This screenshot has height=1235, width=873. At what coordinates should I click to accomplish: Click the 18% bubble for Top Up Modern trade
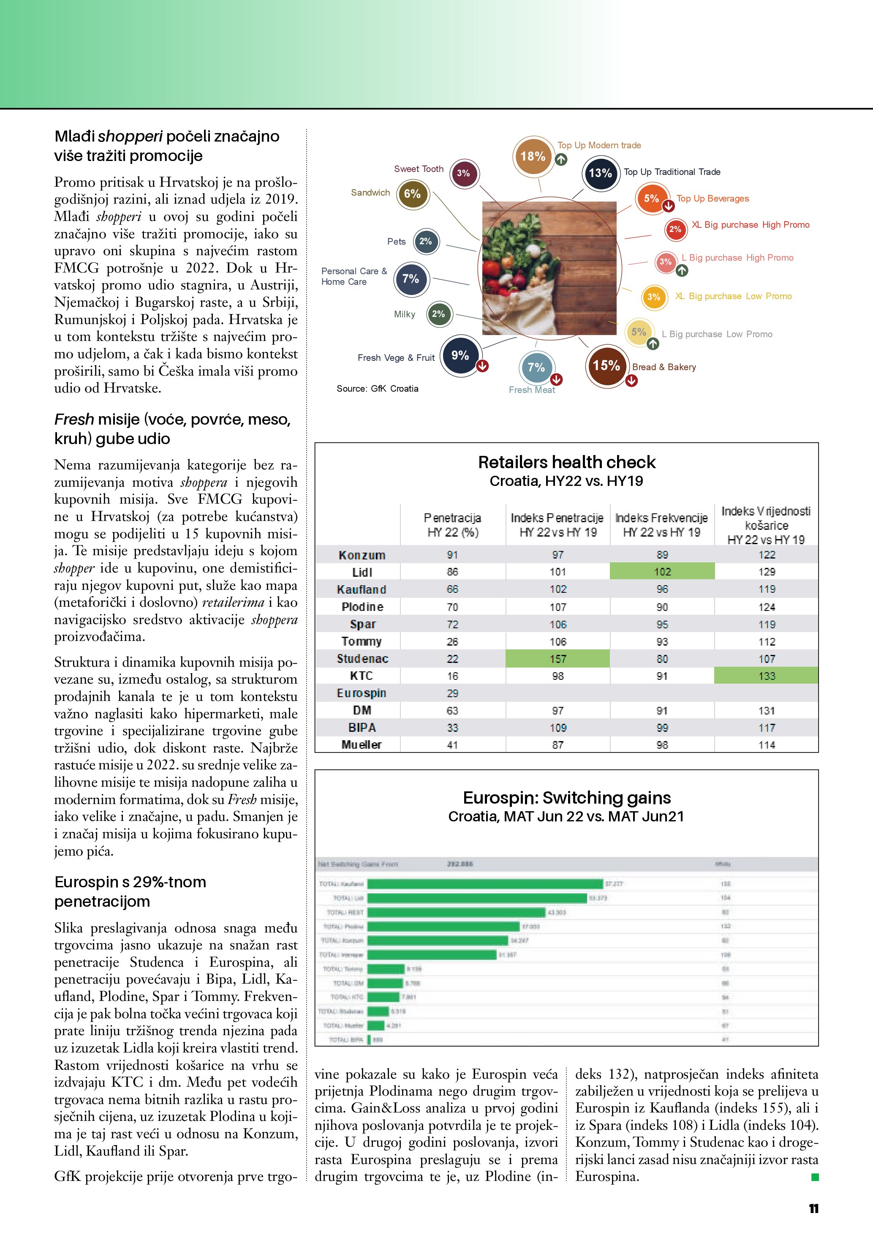point(533,156)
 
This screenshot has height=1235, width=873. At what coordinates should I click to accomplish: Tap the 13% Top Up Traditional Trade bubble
point(601,173)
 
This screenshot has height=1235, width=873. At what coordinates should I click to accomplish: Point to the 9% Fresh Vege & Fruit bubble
point(460,356)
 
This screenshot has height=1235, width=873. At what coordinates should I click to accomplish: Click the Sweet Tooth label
point(419,169)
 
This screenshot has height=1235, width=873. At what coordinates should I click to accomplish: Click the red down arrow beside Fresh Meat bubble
point(556,379)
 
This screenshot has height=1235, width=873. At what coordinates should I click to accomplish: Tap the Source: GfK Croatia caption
point(377,389)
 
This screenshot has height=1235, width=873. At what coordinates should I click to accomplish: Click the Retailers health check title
point(567,462)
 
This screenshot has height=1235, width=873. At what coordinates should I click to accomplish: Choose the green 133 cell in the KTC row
point(766,676)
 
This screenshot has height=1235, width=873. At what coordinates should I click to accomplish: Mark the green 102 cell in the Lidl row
point(662,572)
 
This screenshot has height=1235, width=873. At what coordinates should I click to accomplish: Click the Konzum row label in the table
point(362,555)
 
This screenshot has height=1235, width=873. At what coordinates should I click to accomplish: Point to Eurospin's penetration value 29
point(453,693)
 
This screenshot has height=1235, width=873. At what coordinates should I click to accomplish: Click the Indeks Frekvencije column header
point(662,525)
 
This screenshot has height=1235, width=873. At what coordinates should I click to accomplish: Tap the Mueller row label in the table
point(362,745)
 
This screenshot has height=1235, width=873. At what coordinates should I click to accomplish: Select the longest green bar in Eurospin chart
point(485,884)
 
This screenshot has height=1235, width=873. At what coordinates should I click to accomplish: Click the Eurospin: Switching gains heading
point(567,798)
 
